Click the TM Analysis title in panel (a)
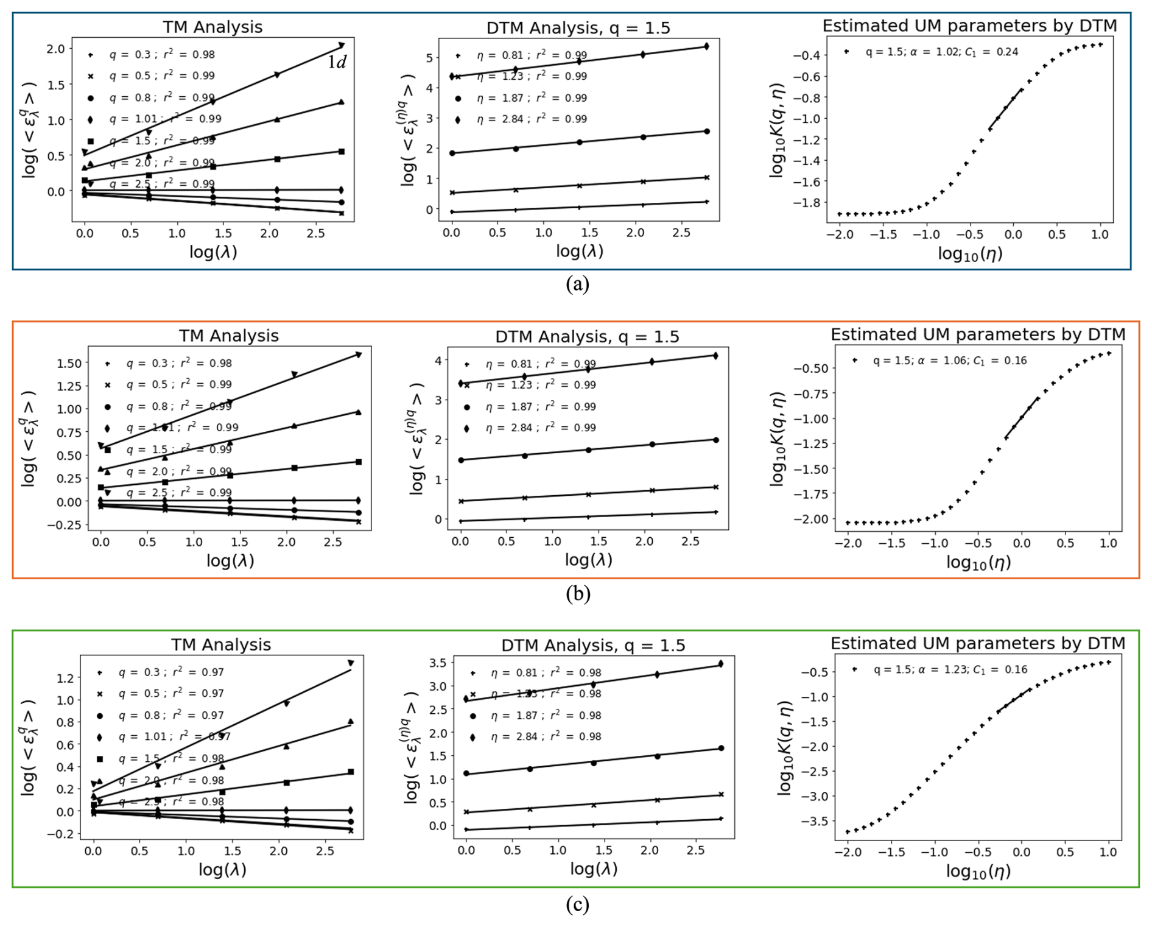[212, 27]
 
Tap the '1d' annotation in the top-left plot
[337, 62]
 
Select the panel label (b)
[577, 593]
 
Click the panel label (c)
[577, 904]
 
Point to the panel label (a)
[577, 284]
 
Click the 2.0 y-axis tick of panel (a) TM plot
[55, 49]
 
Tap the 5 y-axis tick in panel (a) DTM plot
[430, 58]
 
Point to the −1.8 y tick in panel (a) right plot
[805, 203]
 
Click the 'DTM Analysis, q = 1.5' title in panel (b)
[587, 337]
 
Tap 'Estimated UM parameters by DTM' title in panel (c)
[977, 643]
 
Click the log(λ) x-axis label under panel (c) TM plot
[222, 869]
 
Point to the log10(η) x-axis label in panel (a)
[970, 253]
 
